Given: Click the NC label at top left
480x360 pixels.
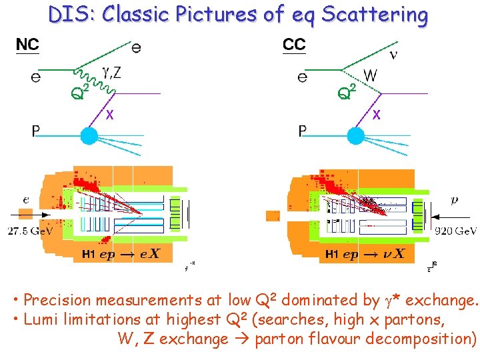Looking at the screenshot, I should (x=27, y=45).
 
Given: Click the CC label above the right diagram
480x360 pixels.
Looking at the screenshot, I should (x=294, y=45).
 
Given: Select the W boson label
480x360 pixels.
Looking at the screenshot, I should (x=370, y=76).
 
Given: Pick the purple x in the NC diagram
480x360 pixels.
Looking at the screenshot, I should (x=110, y=115).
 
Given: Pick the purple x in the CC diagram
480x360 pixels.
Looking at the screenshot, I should (x=377, y=115).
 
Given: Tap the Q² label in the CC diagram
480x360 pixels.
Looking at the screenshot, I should (x=347, y=92).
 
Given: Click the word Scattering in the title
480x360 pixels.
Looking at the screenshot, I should (x=375, y=15).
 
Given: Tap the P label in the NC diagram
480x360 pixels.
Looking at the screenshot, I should (x=35, y=131).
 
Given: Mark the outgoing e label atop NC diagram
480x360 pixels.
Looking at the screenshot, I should (x=136, y=47).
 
